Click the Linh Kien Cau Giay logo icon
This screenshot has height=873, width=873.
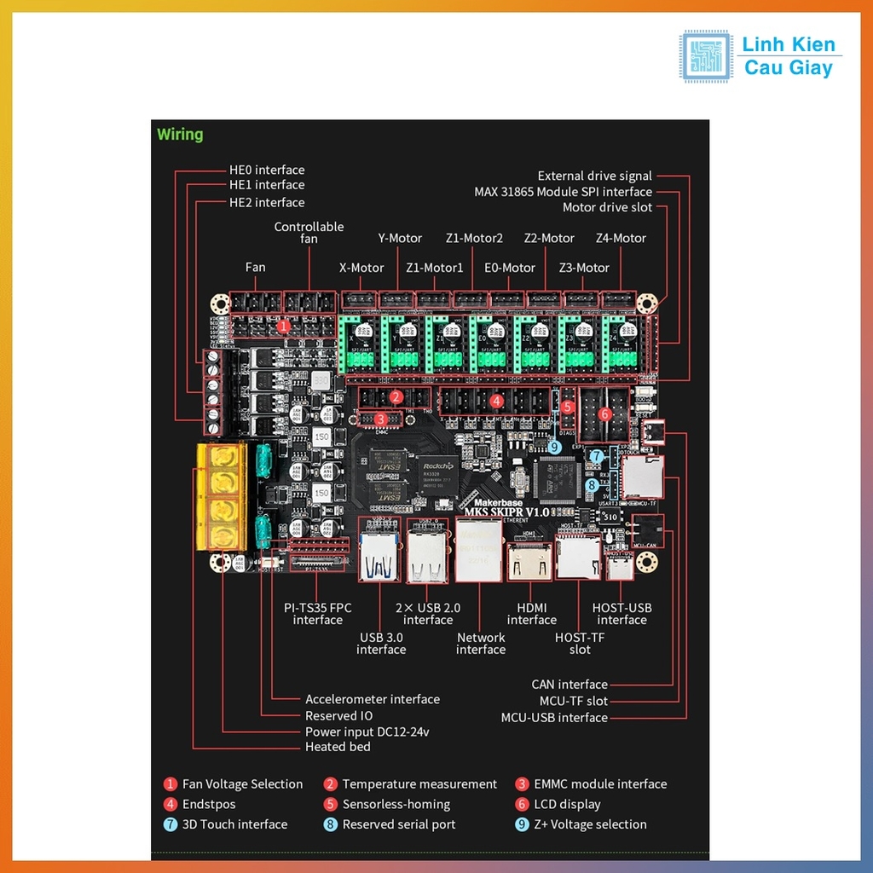pos(705,56)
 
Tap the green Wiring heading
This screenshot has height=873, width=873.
pos(180,134)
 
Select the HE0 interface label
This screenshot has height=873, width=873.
pos(266,171)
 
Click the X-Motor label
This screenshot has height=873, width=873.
pos(361,268)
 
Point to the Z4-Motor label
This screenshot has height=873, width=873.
pos(621,238)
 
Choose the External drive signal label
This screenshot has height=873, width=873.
pos(594,176)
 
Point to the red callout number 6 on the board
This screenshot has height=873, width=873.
pos(604,414)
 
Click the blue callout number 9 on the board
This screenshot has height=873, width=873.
pos(554,446)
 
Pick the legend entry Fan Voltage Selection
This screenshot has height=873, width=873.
pos(242,784)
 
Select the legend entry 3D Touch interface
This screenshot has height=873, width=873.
pos(234,824)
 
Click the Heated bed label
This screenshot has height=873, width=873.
pos(338,747)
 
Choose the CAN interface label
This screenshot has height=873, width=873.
pos(569,685)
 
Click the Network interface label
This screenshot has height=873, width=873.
pos(481,644)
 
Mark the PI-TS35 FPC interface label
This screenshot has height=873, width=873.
pos(317,614)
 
